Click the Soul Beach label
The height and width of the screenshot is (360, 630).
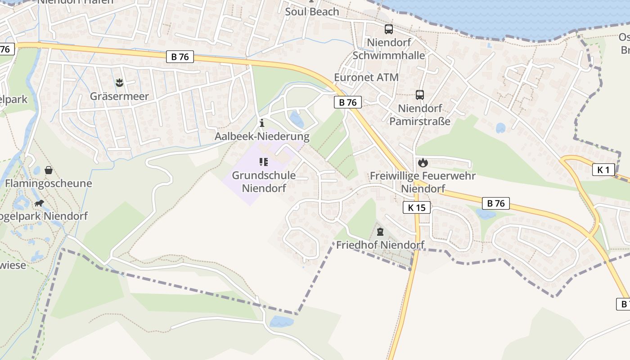click(312, 12)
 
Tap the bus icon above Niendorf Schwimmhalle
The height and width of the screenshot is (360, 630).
click(389, 29)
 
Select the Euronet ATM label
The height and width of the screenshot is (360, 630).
click(366, 77)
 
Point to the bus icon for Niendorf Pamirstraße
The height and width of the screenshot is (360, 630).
click(420, 95)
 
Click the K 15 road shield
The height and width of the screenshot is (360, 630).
click(417, 207)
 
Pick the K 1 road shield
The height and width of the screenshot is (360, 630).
click(603, 170)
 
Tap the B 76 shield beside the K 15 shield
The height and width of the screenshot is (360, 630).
click(496, 203)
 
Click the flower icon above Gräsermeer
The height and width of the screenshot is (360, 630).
click(119, 82)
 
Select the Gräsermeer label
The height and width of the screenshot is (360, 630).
click(119, 96)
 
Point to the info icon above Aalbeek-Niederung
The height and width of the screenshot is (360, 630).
click(262, 123)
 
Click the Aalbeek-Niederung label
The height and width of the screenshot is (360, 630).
click(262, 136)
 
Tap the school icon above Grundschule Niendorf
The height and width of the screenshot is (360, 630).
click(264, 162)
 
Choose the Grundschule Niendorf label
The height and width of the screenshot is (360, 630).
click(264, 182)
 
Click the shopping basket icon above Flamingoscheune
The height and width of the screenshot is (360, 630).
click(49, 170)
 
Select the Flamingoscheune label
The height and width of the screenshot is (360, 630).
click(49, 184)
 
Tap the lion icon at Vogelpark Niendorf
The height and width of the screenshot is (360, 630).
click(39, 203)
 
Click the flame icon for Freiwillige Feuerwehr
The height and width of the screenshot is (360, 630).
click(423, 162)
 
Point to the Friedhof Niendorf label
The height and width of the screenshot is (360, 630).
click(380, 245)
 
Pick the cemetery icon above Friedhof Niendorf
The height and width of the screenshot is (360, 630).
click(380, 232)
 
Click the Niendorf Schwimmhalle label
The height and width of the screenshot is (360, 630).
click(389, 49)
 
